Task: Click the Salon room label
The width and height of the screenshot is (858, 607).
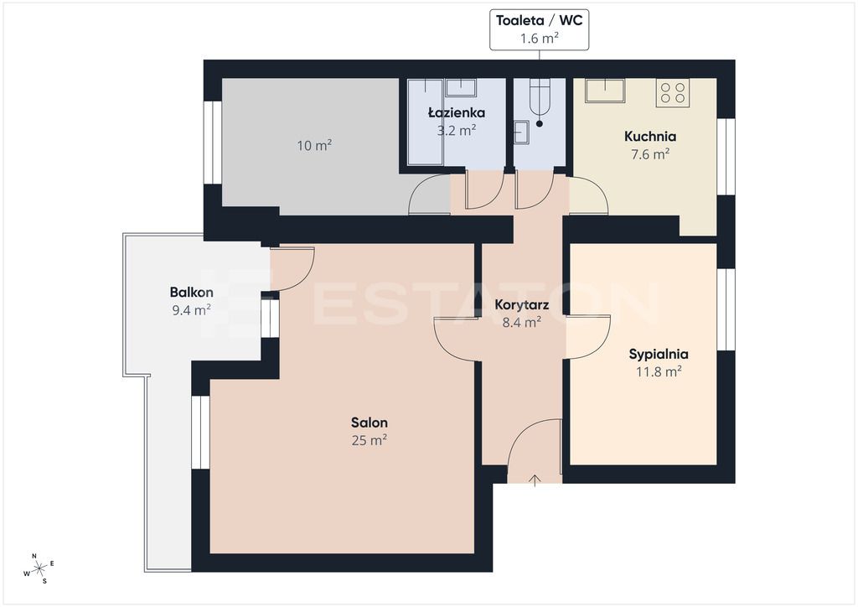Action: pos(370,423)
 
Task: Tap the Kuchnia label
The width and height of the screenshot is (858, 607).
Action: pos(650,137)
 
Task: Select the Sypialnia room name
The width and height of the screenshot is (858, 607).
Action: pos(659,354)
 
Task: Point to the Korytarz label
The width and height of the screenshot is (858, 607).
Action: pos(521,305)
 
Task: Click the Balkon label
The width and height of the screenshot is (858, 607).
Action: pos(192,293)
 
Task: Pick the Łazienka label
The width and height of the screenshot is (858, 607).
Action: pos(457,112)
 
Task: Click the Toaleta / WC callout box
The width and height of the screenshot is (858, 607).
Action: pos(539,29)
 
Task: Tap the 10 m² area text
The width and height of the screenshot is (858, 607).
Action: pos(315,146)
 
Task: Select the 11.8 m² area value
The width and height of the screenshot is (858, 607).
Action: pos(659,371)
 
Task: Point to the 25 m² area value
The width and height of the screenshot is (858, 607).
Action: pos(370,440)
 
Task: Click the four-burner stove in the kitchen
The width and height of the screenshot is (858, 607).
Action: pos(673,93)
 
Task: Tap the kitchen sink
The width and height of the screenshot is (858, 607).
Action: pos(605,91)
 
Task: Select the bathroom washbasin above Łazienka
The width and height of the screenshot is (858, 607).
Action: pos(460,87)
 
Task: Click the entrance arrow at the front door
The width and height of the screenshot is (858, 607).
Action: pos(535,480)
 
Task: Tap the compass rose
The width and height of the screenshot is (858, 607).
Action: pos(39,569)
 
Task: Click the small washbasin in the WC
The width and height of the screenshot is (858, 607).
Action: pos(521,132)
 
